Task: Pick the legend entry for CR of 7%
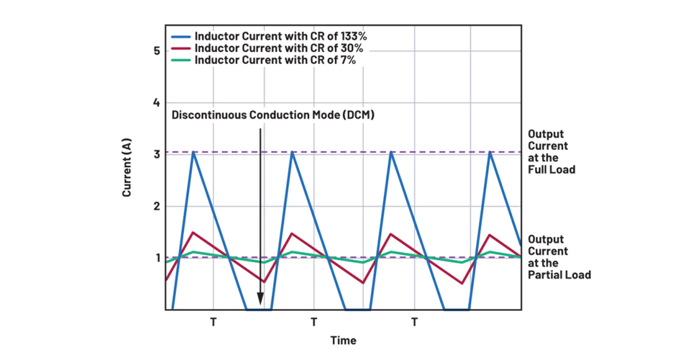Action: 277,60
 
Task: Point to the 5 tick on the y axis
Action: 156,51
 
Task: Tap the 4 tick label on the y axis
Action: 156,103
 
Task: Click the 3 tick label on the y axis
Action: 156,154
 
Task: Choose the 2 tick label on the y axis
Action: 156,206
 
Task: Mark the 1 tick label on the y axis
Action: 156,258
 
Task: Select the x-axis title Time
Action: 343,341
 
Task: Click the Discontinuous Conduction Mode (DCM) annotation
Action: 273,115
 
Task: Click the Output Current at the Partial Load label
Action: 559,257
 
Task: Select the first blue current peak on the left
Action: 193,153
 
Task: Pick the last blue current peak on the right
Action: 490,152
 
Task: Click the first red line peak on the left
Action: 193,233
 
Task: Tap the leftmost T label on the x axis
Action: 213,322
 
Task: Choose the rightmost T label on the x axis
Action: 414,322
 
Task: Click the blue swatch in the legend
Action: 181,35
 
